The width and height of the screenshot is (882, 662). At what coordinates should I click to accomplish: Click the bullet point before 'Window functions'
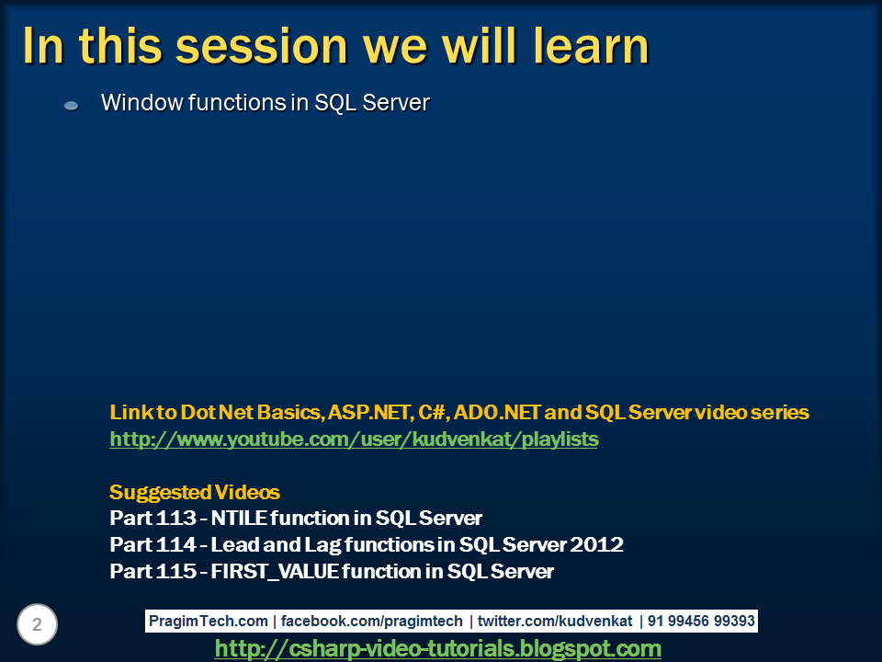point(71,106)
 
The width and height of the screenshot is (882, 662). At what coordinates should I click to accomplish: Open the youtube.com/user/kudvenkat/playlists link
point(354,439)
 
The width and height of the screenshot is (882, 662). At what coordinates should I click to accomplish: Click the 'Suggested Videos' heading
point(195,492)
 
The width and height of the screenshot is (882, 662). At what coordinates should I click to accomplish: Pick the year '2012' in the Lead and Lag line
point(596,544)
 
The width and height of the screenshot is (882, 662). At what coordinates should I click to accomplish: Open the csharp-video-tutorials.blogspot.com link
point(437,649)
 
